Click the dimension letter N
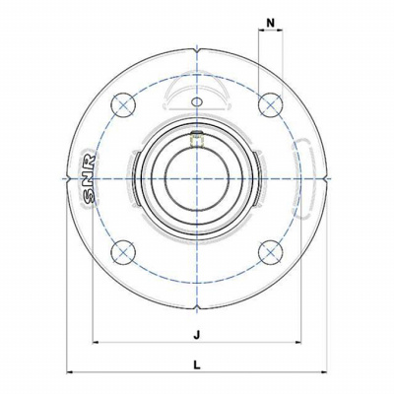(x=270, y=23)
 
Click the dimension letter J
(x=197, y=335)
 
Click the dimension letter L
(x=197, y=364)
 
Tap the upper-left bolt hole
(x=123, y=105)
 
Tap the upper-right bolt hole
(x=270, y=105)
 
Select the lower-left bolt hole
(x=123, y=252)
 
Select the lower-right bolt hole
(x=270, y=252)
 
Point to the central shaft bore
(x=197, y=179)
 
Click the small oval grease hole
(x=197, y=101)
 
